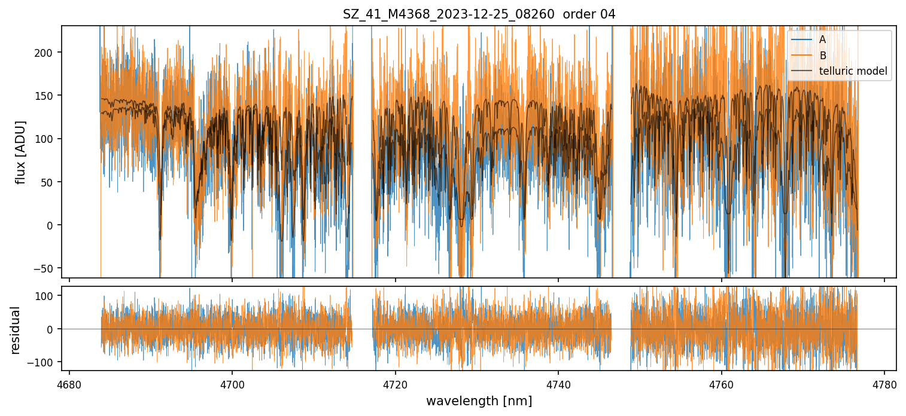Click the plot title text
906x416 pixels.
click(479, 14)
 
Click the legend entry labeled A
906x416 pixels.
click(822, 39)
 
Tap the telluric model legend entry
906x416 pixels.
click(853, 72)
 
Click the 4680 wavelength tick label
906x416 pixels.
click(69, 383)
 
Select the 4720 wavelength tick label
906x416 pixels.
click(395, 383)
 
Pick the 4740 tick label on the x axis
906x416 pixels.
click(558, 383)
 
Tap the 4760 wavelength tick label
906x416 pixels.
click(721, 383)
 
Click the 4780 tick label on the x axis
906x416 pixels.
click(884, 383)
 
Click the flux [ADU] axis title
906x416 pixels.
click(20, 152)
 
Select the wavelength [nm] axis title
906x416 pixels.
click(479, 400)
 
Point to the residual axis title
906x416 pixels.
click(16, 330)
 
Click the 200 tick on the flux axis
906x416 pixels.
click(48, 53)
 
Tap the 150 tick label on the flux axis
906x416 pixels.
click(48, 96)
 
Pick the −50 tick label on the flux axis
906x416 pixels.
click(47, 268)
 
